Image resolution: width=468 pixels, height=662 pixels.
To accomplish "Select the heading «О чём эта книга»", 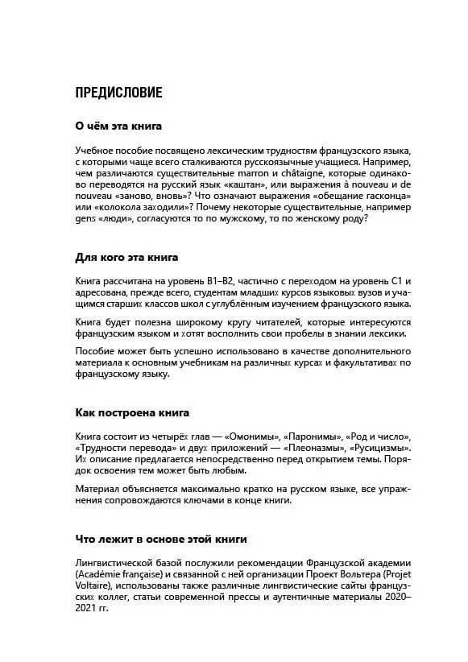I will pyautogui.click(x=118, y=126).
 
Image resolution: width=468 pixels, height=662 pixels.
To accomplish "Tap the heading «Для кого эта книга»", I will pyautogui.click(x=126, y=257).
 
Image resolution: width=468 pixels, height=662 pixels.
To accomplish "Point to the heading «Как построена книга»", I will pyautogui.click(x=132, y=413).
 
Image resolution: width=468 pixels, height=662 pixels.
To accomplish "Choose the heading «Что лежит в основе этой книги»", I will pyautogui.click(x=160, y=538).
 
